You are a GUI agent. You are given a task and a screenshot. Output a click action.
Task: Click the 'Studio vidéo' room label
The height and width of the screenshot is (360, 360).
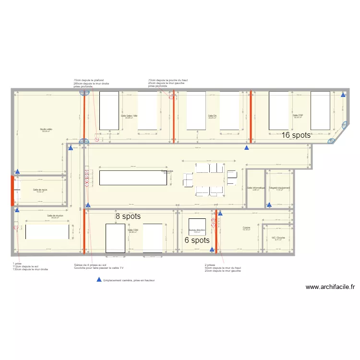[47, 130]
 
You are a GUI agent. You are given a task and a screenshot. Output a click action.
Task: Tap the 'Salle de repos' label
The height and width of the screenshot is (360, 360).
[40, 190]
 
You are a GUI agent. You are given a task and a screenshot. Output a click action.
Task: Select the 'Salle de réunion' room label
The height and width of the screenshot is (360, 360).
[56, 216]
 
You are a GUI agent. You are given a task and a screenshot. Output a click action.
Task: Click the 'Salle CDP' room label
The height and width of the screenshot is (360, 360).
[298, 116]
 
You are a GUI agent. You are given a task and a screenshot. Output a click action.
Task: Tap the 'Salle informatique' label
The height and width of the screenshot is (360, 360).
[256, 188]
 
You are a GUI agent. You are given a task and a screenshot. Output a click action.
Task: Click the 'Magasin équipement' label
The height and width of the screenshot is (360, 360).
[279, 188]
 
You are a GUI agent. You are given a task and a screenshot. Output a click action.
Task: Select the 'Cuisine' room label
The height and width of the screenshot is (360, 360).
[247, 228]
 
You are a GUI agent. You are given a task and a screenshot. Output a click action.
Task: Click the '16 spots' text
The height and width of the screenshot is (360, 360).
[296, 135]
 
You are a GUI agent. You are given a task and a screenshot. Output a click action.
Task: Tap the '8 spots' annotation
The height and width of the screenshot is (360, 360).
[128, 216]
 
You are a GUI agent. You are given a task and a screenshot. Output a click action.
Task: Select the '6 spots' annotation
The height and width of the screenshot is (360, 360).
[197, 240]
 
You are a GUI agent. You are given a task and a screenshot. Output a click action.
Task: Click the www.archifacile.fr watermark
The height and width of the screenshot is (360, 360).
[331, 287]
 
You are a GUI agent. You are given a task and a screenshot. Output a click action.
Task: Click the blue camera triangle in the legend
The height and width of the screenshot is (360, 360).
[99, 280]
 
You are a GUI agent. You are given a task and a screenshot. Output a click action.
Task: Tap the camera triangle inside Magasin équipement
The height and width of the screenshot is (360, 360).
[269, 205]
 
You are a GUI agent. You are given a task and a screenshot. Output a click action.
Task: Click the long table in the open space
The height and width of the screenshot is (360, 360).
[130, 178]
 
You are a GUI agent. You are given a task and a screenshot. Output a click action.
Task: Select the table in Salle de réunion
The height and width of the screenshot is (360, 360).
[47, 232]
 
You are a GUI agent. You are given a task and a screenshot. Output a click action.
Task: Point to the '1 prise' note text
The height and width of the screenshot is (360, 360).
[17, 264]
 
